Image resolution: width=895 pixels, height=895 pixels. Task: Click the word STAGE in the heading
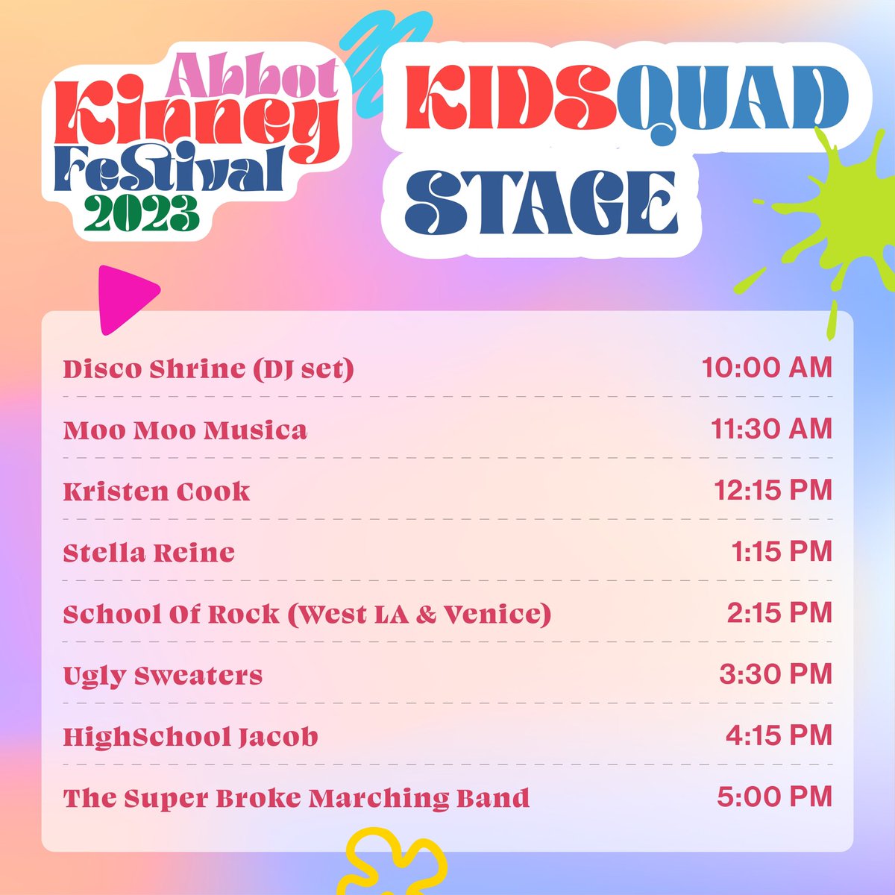click(541, 201)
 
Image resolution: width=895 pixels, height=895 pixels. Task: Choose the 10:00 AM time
click(766, 368)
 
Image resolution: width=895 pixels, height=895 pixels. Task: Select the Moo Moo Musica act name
click(185, 430)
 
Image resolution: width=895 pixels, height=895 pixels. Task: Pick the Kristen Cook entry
click(157, 492)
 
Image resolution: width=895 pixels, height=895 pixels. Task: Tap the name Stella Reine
click(148, 553)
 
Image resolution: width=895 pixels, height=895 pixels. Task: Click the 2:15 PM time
click(779, 612)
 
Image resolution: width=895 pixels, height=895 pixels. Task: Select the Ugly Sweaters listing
click(163, 676)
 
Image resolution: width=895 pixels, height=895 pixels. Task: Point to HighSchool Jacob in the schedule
click(190, 737)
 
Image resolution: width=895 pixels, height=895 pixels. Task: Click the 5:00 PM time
click(774, 797)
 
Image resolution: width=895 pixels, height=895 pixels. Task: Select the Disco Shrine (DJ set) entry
click(208, 369)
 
